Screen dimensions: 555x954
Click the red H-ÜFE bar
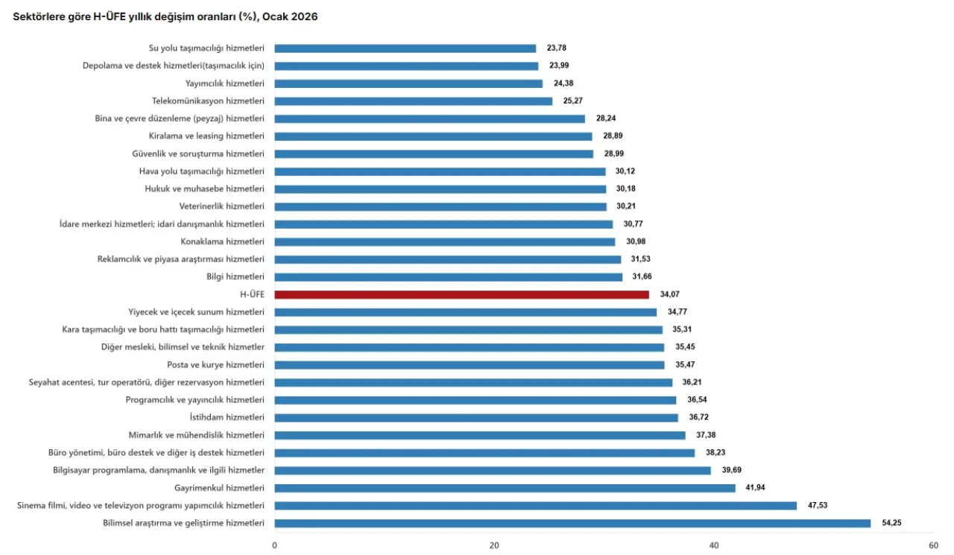pos(461,294)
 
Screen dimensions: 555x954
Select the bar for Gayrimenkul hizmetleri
pos(505,488)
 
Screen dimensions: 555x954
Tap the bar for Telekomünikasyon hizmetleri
pos(414,101)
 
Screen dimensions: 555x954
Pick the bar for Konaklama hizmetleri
pos(445,241)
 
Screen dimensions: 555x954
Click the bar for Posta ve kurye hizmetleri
pos(470,365)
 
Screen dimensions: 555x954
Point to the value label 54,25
pos(891,523)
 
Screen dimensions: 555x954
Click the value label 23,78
pos(557,48)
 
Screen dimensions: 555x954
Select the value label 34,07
pos(669,294)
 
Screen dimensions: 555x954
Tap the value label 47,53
pos(818,505)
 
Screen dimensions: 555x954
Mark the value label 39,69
pos(731,470)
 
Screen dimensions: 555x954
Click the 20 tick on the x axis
pos(494,545)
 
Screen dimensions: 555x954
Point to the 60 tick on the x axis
pos(933,545)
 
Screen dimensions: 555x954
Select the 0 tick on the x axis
pos(275,545)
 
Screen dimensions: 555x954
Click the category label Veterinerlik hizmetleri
pos(221,206)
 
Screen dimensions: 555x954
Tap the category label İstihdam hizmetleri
pos(227,417)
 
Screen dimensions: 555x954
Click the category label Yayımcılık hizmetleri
pos(224,83)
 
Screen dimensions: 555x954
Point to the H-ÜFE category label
pos(252,294)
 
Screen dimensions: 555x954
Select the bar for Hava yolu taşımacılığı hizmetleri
pos(440,171)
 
